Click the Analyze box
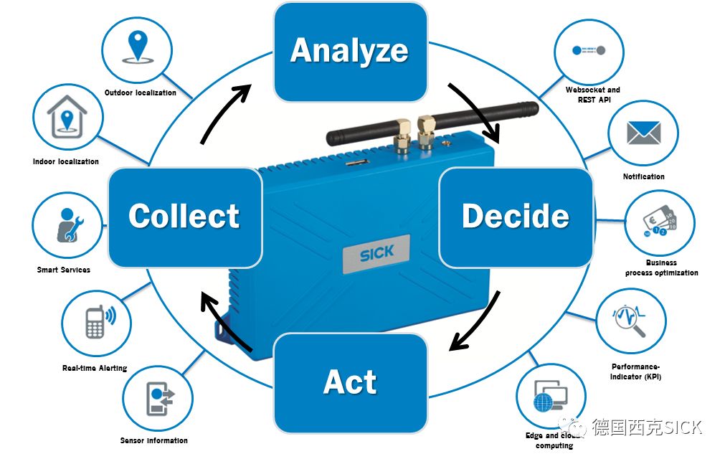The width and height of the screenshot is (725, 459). [350, 51]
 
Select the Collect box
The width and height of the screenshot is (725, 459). [184, 217]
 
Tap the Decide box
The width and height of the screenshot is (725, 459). [515, 217]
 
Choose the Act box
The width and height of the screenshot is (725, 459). [350, 382]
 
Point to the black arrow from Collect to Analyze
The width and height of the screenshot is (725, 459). [225, 111]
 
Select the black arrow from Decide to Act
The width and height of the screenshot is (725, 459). [476, 322]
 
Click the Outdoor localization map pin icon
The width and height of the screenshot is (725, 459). [137, 47]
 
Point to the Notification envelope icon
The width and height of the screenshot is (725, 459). [643, 133]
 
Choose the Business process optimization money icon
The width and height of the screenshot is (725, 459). [660, 222]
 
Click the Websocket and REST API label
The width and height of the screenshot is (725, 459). [592, 95]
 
